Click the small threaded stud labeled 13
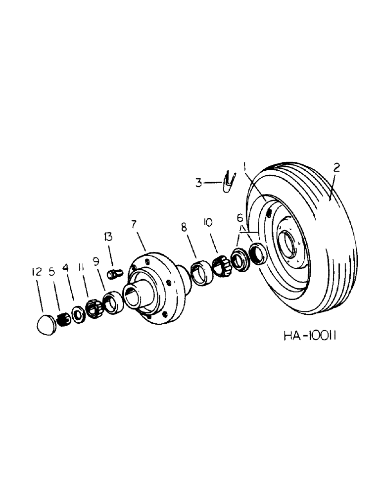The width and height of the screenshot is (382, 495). point(115,273)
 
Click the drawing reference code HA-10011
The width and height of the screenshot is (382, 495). point(311,337)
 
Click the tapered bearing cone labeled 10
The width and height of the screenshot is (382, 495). point(220,266)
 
